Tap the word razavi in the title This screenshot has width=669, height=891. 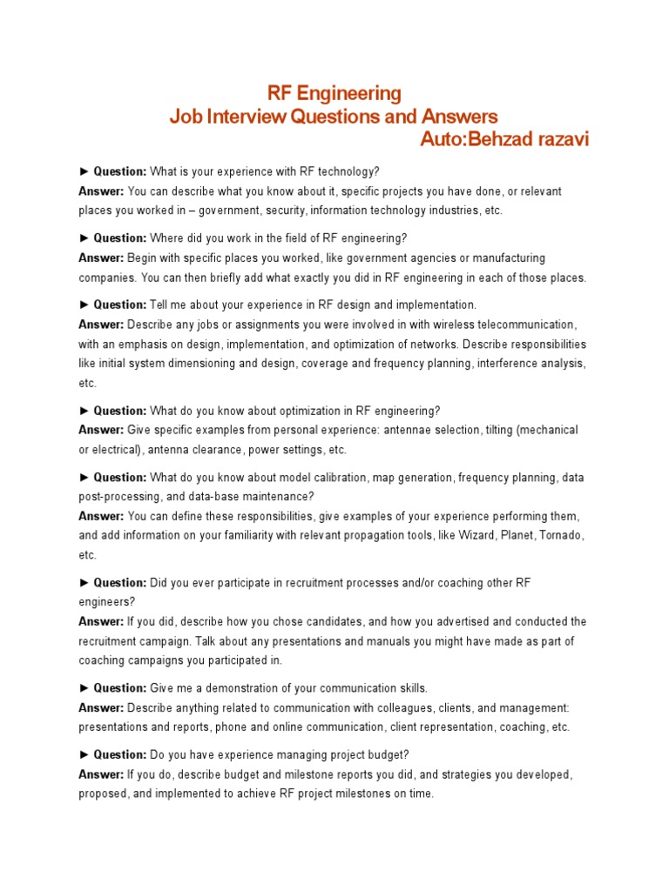click(563, 139)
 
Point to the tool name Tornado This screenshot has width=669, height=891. click(563, 535)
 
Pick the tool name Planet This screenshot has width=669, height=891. click(517, 535)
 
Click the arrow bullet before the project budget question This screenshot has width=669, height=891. click(84, 755)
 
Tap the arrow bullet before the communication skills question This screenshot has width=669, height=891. click(84, 688)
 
